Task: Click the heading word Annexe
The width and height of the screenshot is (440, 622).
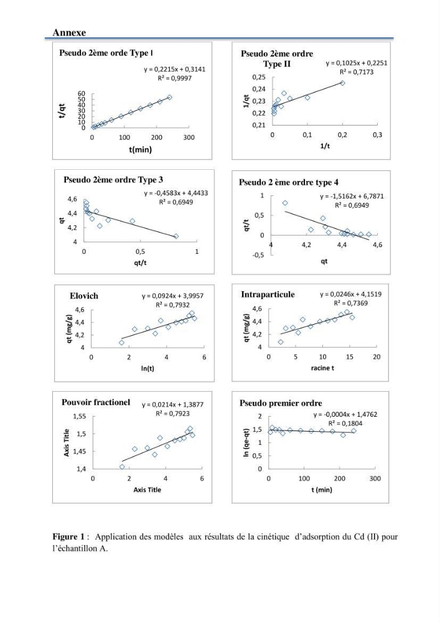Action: pyautogui.click(x=69, y=32)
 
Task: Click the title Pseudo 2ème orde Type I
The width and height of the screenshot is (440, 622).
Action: pyautogui.click(x=106, y=53)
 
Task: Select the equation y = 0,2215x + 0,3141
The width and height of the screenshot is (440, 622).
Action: pyautogui.click(x=175, y=69)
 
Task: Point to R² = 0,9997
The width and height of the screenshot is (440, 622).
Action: pyautogui.click(x=175, y=78)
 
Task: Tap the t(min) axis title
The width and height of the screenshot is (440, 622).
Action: pyautogui.click(x=141, y=149)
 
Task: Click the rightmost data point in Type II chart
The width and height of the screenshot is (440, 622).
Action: pyautogui.click(x=342, y=83)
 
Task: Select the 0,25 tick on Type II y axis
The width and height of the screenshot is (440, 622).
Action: pyautogui.click(x=259, y=77)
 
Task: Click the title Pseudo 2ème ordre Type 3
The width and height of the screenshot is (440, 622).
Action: pyautogui.click(x=113, y=180)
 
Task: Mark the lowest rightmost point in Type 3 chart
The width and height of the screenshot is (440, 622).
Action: pyautogui.click(x=176, y=236)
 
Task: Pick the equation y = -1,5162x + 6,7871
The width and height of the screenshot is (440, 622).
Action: pyautogui.click(x=352, y=196)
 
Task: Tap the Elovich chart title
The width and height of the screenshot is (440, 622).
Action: pyautogui.click(x=84, y=296)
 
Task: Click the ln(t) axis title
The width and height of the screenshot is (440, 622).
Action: pyautogui.click(x=147, y=368)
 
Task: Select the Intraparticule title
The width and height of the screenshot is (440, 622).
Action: pyautogui.click(x=268, y=294)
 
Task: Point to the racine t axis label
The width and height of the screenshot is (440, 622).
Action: pyautogui.click(x=322, y=368)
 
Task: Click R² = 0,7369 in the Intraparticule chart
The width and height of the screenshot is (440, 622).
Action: pyautogui.click(x=351, y=303)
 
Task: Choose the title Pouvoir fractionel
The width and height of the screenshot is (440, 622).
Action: pyautogui.click(x=96, y=402)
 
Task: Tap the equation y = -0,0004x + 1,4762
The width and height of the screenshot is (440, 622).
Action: pyautogui.click(x=345, y=414)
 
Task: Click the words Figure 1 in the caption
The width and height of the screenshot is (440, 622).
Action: pyautogui.click(x=68, y=537)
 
